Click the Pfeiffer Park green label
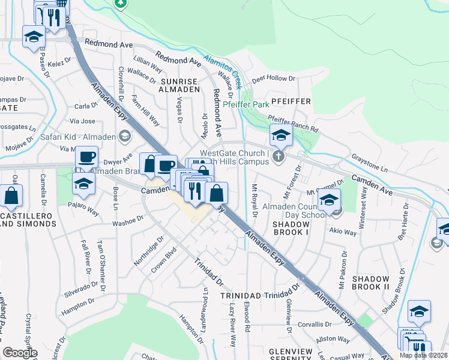tap(246, 104)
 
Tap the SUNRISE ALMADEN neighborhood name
tap(179, 85)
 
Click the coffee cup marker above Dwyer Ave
tap(86, 158)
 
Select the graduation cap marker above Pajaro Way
tap(83, 184)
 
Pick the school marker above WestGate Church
tap(280, 136)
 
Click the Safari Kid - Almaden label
tap(77, 136)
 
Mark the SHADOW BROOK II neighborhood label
tap(370, 283)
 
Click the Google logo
tap(20, 352)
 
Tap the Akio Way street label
tap(340, 229)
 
